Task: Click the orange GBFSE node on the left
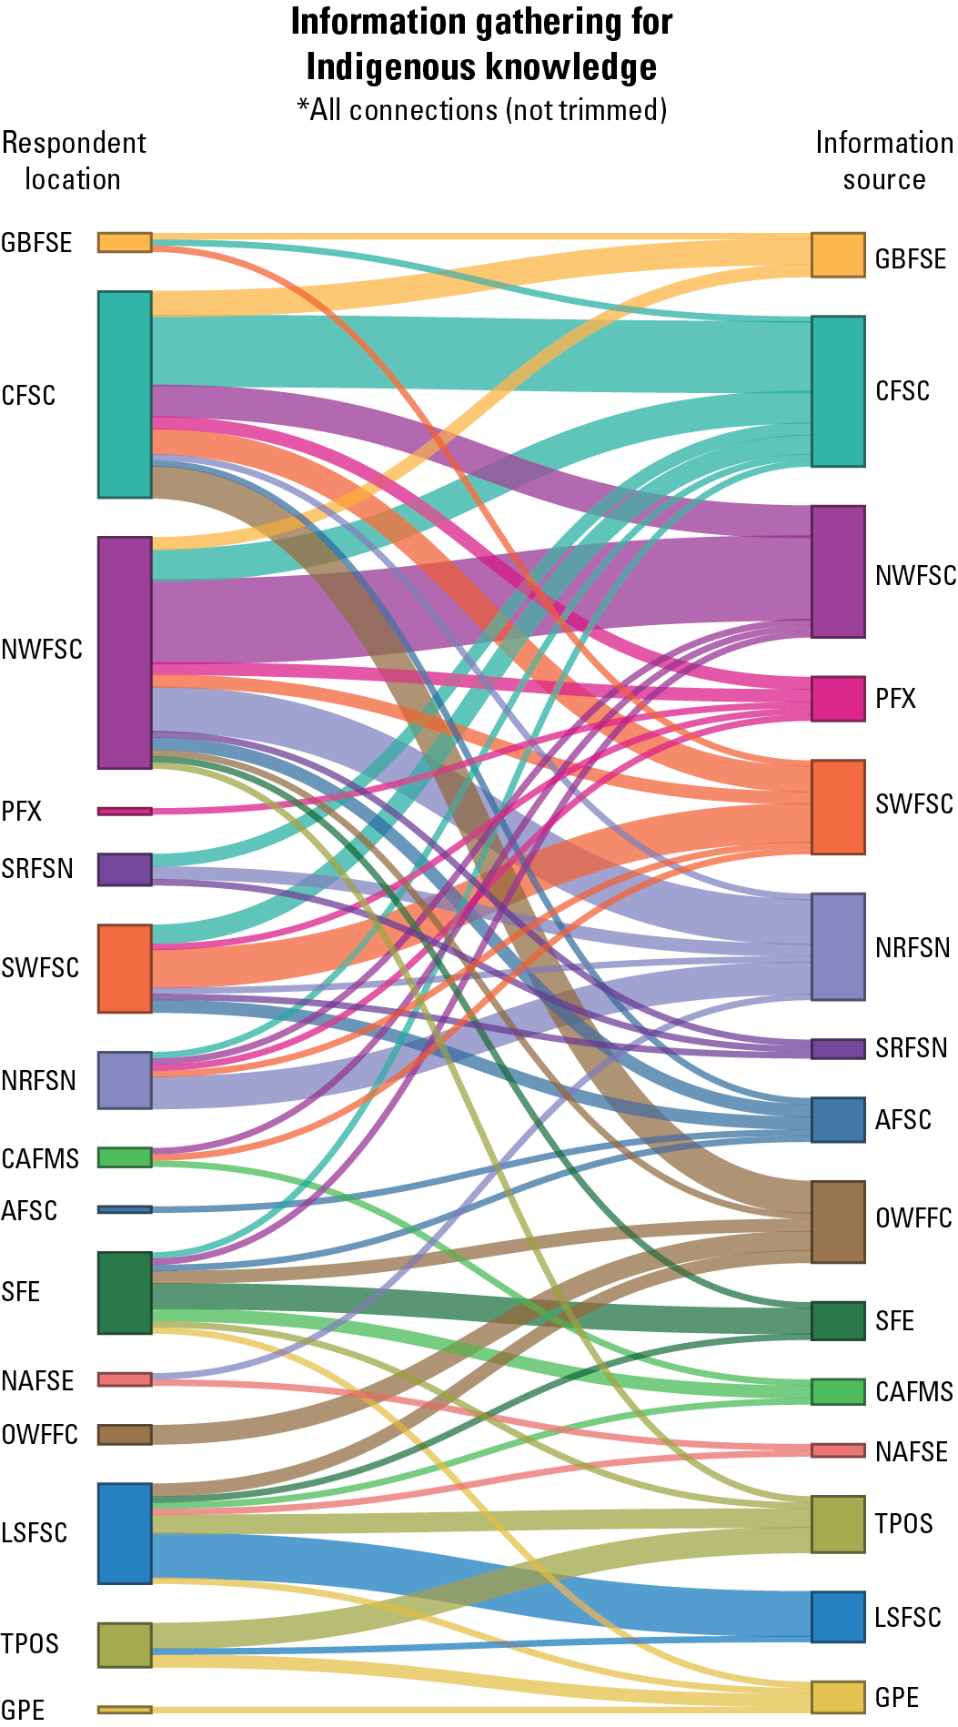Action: pos(125,242)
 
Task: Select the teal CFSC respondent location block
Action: pos(125,395)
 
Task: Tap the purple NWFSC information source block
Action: pos(838,571)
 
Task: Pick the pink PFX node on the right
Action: pos(838,699)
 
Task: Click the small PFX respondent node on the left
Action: pos(125,811)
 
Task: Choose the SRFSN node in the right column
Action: pos(838,1048)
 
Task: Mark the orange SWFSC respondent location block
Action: pos(125,968)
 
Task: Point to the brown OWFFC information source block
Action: pos(838,1222)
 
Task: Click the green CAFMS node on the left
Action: pos(125,1157)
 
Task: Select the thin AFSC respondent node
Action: pos(125,1209)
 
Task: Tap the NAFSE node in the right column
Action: pos(838,1450)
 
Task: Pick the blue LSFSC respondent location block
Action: pos(125,1533)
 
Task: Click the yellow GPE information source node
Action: pos(838,1697)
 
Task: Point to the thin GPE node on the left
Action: pos(125,1710)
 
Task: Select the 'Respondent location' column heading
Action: pos(73,161)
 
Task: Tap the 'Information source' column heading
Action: pos(883,161)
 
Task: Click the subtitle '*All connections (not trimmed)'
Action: pos(481,110)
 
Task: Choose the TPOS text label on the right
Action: pos(903,1523)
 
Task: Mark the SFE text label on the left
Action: pos(21,1292)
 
